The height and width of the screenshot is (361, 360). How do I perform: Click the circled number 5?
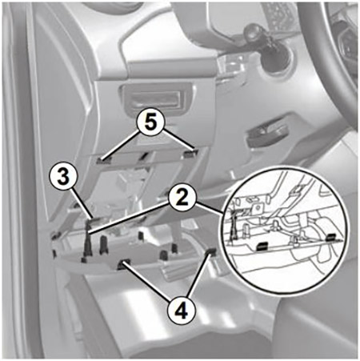[x=151, y=123]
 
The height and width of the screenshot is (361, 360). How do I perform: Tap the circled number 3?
[x=63, y=177]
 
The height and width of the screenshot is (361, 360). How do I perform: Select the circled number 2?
[x=182, y=199]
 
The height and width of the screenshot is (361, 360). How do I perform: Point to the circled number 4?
[x=182, y=311]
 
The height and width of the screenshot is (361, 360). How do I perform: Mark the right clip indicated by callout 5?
[x=190, y=153]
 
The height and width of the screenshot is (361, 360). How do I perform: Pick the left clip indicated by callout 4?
[x=122, y=263]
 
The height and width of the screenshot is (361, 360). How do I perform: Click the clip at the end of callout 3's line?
[x=95, y=219]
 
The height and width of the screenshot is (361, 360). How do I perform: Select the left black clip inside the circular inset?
[x=262, y=247]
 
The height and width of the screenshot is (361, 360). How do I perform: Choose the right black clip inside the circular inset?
[x=332, y=236]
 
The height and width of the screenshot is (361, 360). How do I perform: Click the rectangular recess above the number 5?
[x=157, y=99]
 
